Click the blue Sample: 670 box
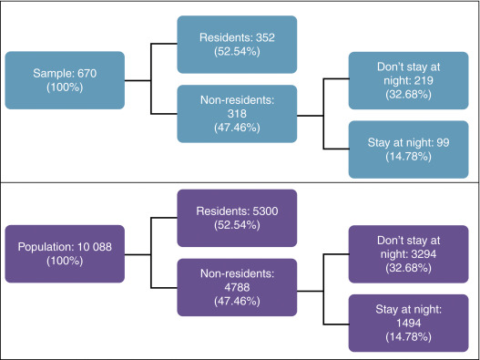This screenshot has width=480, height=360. [x=64, y=80]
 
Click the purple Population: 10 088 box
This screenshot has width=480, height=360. [x=64, y=254]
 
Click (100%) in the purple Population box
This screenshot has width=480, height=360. [x=64, y=262]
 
